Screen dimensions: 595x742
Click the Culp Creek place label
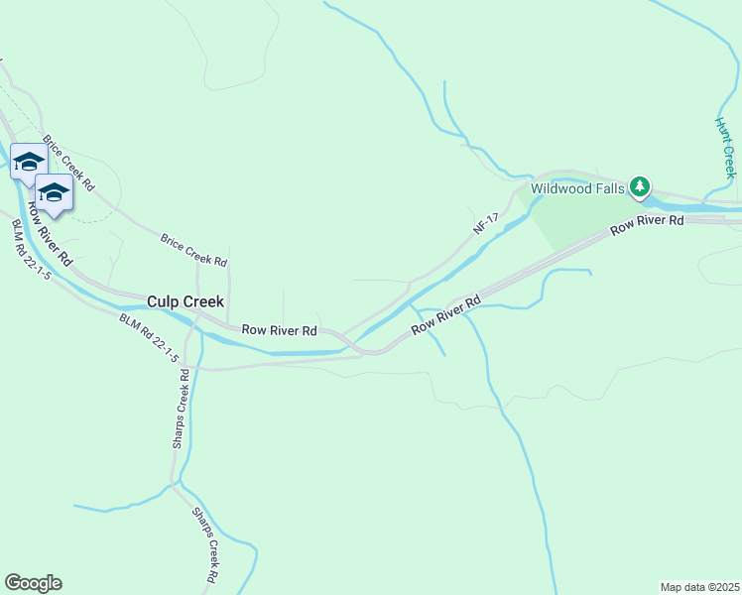185,301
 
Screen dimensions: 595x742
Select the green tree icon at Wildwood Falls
641,185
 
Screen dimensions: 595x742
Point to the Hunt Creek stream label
726,147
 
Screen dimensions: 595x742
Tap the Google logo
33,583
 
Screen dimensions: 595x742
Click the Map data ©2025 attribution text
699,587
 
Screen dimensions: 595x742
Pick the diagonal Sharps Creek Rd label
205,544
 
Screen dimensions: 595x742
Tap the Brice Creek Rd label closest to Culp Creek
194,249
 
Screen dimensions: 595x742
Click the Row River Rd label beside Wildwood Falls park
647,225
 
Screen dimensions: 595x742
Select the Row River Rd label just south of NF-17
446,313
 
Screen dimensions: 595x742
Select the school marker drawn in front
54,193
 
